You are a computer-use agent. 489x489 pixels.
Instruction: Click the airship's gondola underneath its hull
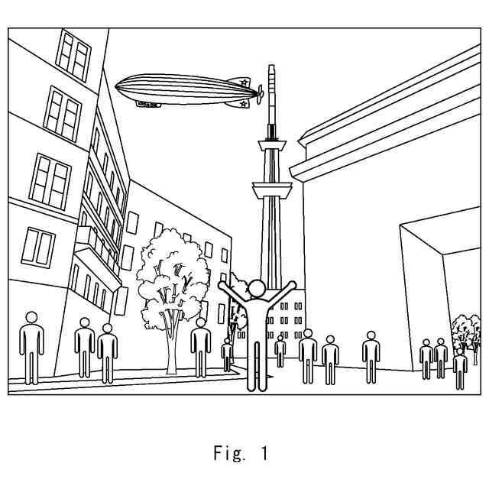click(x=149, y=104)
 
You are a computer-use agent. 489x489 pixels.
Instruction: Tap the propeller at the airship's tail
click(x=260, y=95)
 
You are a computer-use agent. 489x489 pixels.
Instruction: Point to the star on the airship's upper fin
click(x=244, y=82)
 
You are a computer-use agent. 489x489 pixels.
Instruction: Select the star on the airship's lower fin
click(x=242, y=102)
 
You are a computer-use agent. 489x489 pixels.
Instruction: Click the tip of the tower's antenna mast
click(x=270, y=68)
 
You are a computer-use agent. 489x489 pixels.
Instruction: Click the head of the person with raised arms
click(x=257, y=289)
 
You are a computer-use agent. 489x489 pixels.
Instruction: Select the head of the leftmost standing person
click(x=31, y=317)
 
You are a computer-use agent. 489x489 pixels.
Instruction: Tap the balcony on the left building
click(x=98, y=260)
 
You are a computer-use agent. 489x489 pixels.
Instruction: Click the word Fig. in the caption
click(x=228, y=453)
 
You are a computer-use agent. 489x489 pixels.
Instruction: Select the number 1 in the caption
click(x=264, y=453)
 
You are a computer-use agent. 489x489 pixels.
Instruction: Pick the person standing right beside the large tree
click(x=200, y=348)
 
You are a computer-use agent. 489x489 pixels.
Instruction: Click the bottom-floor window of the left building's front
click(x=38, y=246)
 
